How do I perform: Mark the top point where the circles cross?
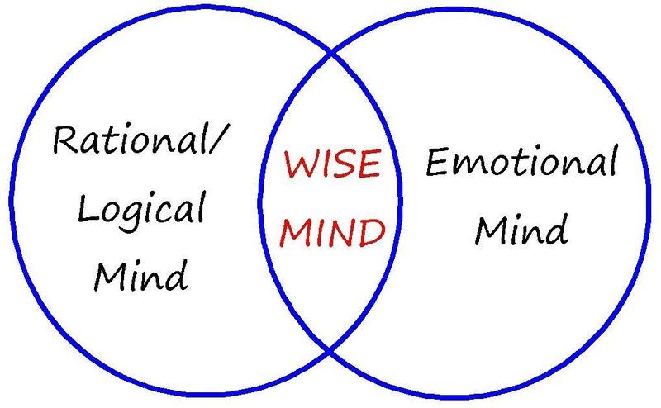[x=332, y=55]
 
